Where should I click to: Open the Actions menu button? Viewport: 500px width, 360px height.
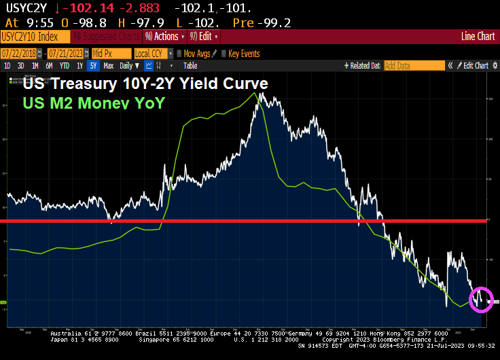point(162,37)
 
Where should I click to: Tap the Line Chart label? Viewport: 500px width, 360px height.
point(478,37)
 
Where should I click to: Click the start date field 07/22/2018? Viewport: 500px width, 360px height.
point(22,54)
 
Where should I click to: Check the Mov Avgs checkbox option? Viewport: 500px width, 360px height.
point(179,54)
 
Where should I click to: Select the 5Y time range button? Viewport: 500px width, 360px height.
point(93,66)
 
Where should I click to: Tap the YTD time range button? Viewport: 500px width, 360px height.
point(64,66)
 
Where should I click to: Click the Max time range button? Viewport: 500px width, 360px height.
point(108,66)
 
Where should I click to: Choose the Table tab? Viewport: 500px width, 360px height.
point(190,66)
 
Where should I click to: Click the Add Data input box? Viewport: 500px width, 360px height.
point(414,66)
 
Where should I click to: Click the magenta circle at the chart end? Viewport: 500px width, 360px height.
point(481,299)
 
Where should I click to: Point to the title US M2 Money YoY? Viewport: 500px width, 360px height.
point(94,103)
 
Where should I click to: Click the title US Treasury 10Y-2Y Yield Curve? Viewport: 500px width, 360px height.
point(145,84)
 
